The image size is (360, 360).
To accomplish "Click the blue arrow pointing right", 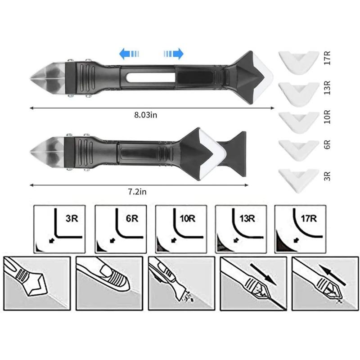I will (174, 54).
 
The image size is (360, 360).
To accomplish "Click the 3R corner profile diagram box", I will (59, 228).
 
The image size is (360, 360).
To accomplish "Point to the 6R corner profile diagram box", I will (120, 228).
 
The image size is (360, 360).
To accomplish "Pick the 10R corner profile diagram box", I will (181, 228).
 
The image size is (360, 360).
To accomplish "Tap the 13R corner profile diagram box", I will (241, 228).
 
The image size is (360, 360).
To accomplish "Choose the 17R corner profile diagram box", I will (300, 228).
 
